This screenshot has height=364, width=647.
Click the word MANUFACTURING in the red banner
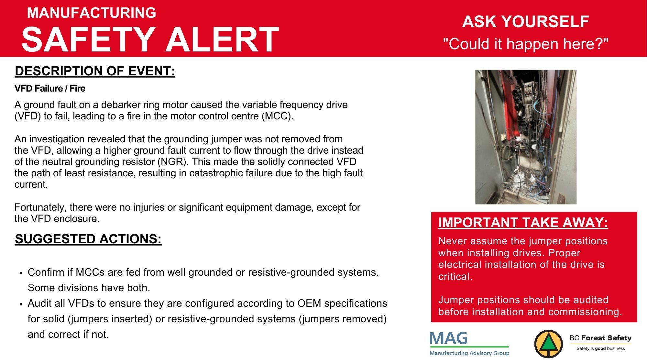92,13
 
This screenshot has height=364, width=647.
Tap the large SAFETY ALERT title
150,39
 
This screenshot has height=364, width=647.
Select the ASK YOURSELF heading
526,22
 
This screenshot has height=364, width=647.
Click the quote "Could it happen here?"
526,44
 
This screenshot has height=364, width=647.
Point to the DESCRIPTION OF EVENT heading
95,71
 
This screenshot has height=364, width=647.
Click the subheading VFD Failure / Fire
50,88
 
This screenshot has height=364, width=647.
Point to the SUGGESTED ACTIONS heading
88,239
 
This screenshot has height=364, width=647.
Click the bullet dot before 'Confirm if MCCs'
21,273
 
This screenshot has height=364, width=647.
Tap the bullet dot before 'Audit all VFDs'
21,304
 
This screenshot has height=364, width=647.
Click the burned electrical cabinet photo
526,137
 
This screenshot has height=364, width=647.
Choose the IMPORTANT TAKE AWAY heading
523,223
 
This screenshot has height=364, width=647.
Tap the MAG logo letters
448,338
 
